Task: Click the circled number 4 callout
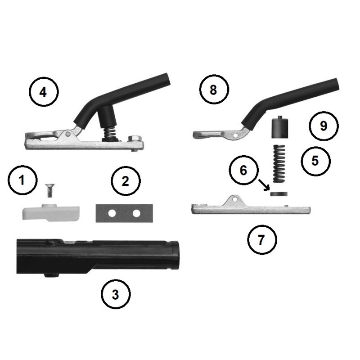coord(44,92)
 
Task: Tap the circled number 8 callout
coord(214,90)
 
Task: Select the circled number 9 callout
coord(324,126)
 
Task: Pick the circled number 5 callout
coord(316,161)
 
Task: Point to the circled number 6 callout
coord(243,170)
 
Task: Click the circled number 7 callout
coord(262,240)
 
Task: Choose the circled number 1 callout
coord(22,180)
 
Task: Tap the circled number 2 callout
coord(126,181)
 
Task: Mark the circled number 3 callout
coord(116,294)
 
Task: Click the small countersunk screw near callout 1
coord(49,190)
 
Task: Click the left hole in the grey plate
coord(112,213)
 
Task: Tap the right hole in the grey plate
coord(136,213)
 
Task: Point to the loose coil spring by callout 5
coord(279,163)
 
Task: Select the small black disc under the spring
coord(279,194)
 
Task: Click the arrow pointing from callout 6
coord(264,185)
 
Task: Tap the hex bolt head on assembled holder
coord(134,139)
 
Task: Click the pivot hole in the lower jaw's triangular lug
coord(234,200)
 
